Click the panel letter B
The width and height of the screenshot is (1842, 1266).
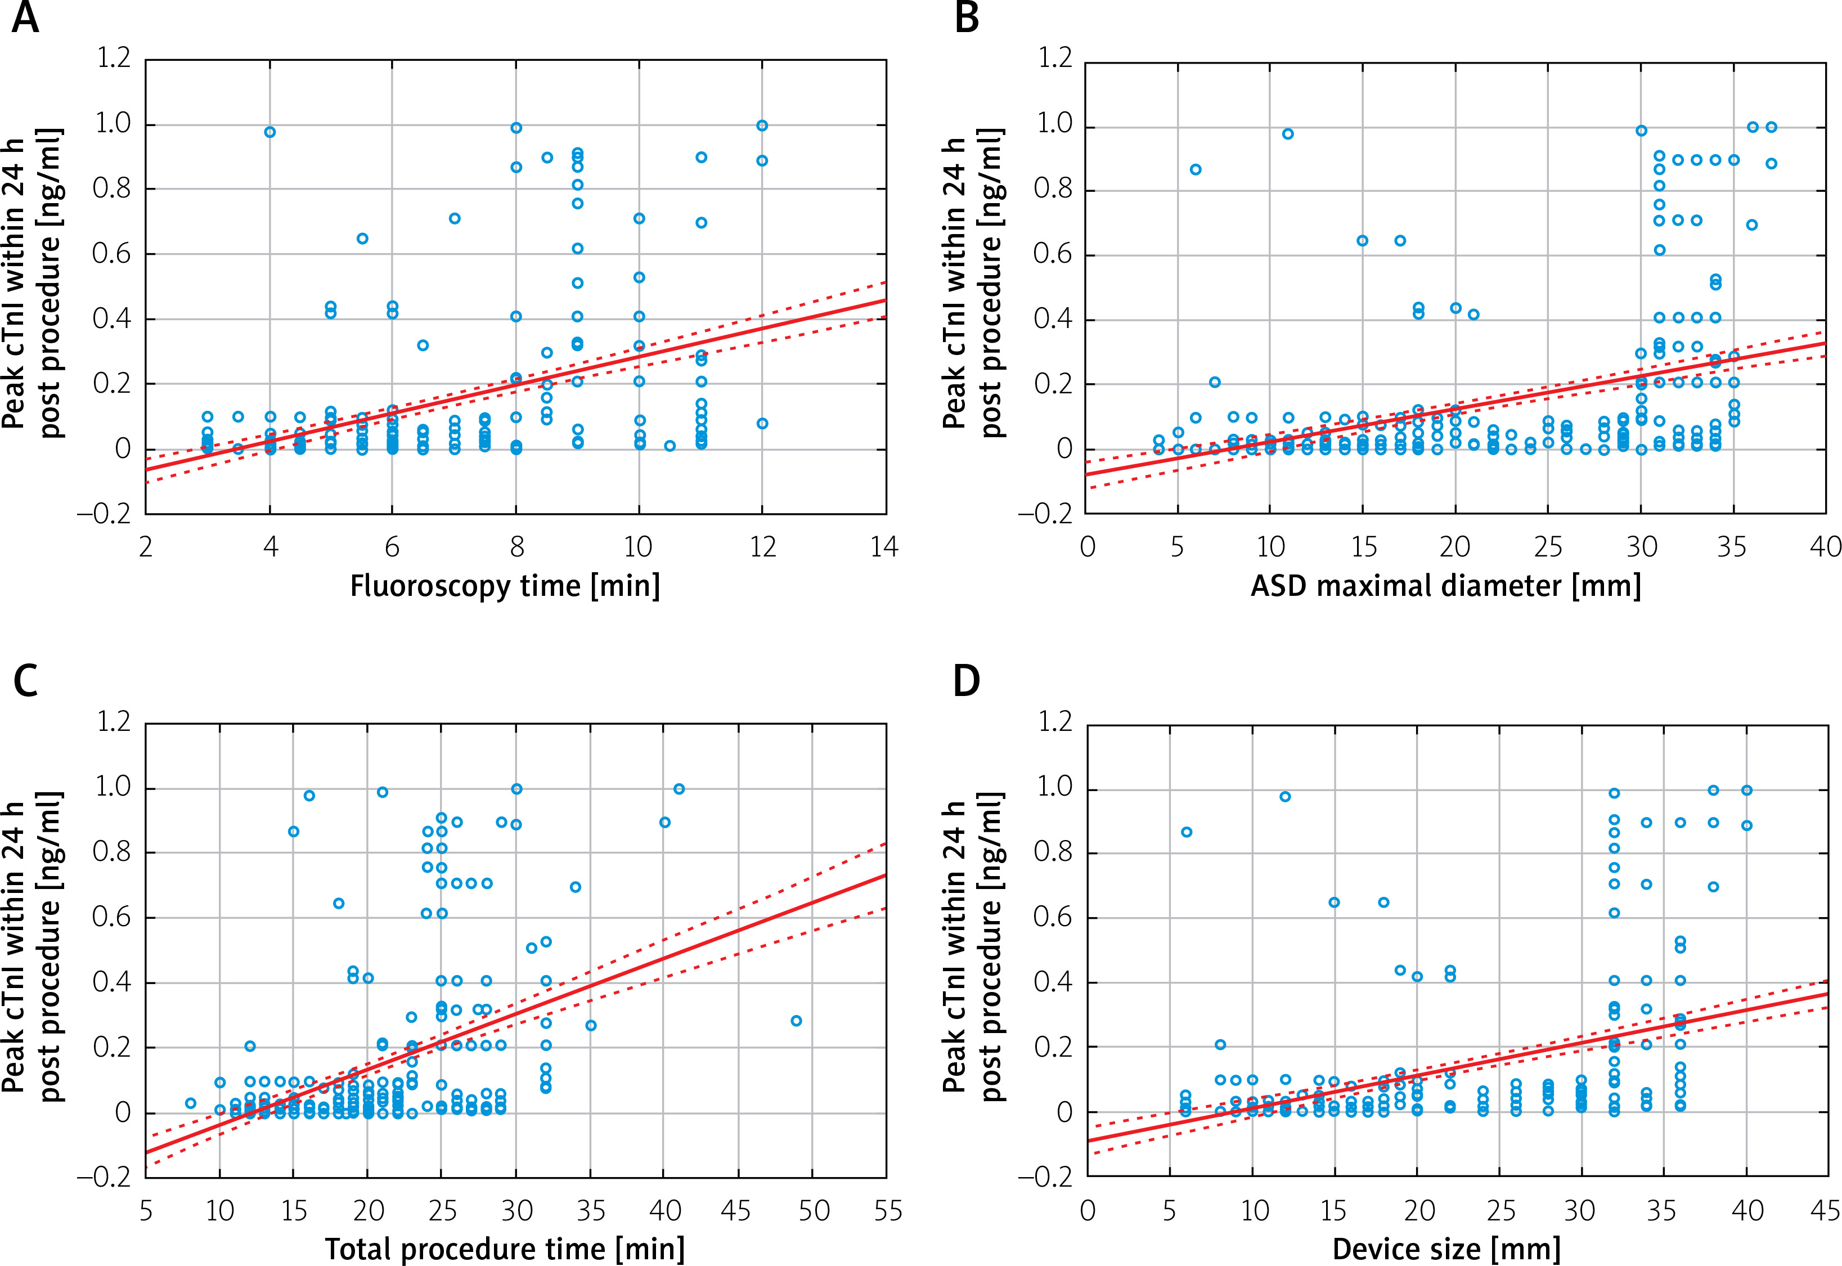(967, 17)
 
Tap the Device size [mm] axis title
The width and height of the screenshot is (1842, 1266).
(1445, 1249)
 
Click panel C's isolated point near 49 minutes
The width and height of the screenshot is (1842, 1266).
(796, 1021)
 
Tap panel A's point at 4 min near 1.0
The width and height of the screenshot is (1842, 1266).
(269, 132)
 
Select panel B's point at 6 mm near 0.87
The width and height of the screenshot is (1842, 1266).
(1195, 169)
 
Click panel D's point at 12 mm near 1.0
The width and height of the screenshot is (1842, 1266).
(1286, 796)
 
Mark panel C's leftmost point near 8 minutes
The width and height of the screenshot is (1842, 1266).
(190, 1103)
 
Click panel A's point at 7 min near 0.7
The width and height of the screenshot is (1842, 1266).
(455, 218)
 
